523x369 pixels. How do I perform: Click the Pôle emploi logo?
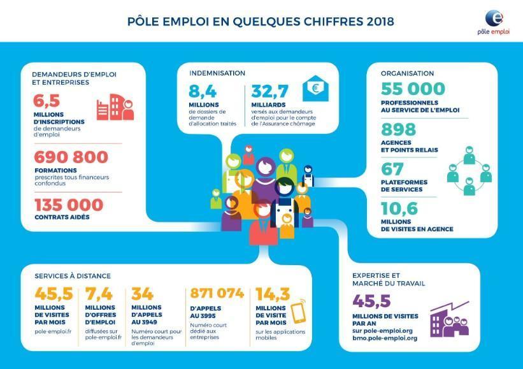coord(493,22)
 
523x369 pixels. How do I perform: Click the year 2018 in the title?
coord(380,22)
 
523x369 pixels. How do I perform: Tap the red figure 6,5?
coord(47,101)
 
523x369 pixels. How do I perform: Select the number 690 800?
coord(71,157)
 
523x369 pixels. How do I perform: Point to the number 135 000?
coord(69,205)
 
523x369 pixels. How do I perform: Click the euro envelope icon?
coord(315,89)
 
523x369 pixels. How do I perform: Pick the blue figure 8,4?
coord(203,91)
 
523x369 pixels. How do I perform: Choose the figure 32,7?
coord(270,91)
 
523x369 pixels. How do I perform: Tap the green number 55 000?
coord(413,89)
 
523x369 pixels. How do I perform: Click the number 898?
coord(398,129)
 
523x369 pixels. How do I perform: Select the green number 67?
coord(392,169)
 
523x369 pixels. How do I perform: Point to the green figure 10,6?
coord(399,209)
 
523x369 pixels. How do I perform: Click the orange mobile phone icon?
coord(298,311)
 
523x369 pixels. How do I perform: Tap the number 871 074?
coord(217,293)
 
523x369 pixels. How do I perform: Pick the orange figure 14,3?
coord(273,294)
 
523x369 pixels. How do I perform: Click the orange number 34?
coord(142,294)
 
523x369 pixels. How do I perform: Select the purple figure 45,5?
coord(371,301)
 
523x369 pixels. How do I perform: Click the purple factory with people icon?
coord(449,319)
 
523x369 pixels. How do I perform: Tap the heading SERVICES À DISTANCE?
coord(73,276)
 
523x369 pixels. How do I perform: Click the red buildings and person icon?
coord(115,107)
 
